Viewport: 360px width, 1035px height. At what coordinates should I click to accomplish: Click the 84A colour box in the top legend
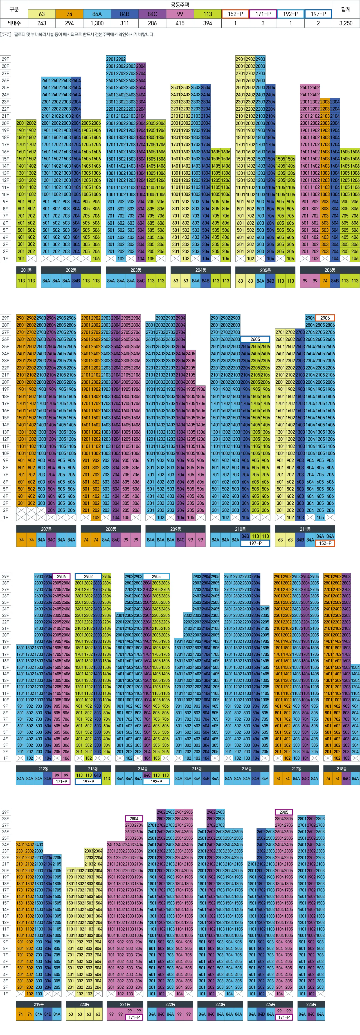click(x=97, y=14)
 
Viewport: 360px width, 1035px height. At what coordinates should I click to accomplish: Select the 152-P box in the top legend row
click(x=235, y=14)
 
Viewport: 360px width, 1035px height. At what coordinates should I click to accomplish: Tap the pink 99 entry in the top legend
click(x=180, y=14)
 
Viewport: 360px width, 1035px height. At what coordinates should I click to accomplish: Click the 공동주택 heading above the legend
click(x=180, y=5)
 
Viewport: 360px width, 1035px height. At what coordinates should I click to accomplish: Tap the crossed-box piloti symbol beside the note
click(x=6, y=35)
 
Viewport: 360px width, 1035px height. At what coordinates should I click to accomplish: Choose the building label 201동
click(x=26, y=270)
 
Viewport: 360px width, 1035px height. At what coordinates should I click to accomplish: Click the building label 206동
click(x=330, y=270)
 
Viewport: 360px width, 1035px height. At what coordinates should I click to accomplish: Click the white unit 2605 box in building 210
click(x=255, y=339)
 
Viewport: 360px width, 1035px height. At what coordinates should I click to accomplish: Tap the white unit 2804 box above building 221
click(x=134, y=819)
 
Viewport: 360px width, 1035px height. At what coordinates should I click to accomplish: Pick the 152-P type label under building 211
click(x=325, y=543)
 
